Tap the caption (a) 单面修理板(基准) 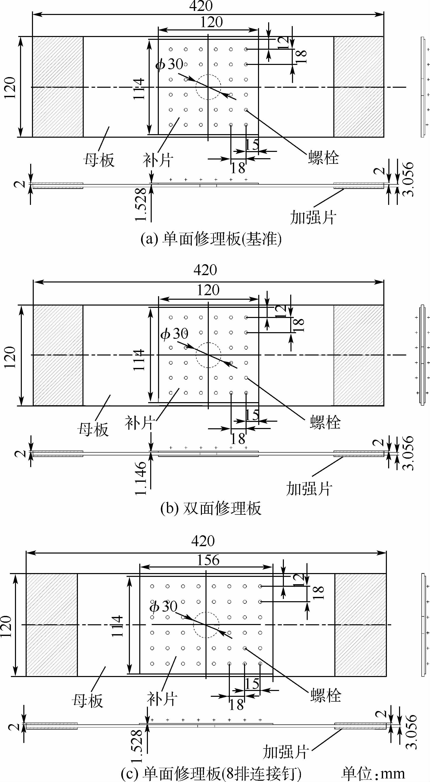pyautogui.click(x=211, y=239)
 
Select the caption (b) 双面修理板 pyautogui.click(x=211, y=508)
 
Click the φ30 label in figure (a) pyautogui.click(x=169, y=64)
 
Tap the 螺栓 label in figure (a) pyautogui.click(x=323, y=158)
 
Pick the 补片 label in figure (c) pyautogui.click(x=162, y=699)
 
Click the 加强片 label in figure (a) pyautogui.click(x=313, y=218)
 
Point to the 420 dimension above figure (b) pyautogui.click(x=205, y=270)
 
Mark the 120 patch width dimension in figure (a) pyautogui.click(x=211, y=22)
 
